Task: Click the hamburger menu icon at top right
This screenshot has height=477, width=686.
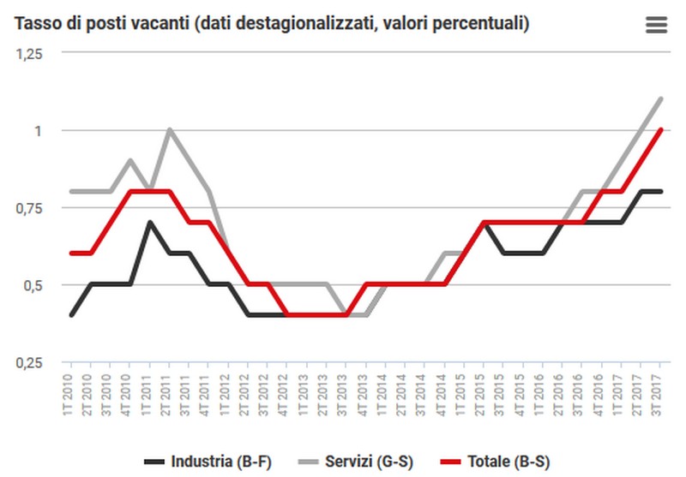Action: tap(656, 25)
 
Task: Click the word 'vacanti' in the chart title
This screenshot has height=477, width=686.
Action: tap(161, 24)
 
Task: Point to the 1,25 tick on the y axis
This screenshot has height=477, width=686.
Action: tap(30, 53)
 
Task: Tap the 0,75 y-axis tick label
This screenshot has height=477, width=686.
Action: tap(30, 207)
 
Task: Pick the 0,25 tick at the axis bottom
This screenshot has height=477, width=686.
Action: tap(30, 362)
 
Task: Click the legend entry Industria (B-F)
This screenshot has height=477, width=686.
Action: tap(211, 462)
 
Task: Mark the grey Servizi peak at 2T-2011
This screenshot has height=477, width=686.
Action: tap(169, 130)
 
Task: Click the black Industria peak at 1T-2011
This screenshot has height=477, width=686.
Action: tap(149, 223)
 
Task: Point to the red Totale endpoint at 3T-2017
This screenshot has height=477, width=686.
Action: tap(659, 130)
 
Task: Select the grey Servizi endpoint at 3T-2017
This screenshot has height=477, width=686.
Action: tap(659, 99)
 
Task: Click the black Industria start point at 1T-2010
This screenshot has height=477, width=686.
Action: tap(70, 315)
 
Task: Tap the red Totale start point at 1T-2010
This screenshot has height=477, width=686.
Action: tap(70, 253)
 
